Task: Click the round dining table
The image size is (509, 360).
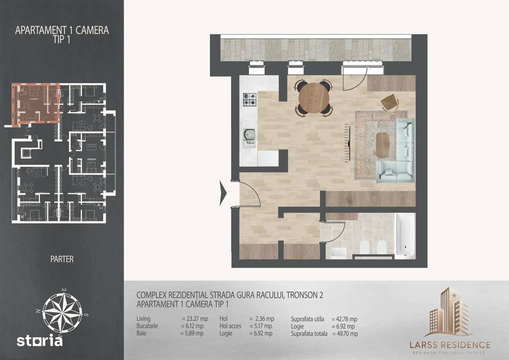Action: (314, 98)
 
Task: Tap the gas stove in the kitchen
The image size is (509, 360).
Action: (250, 99)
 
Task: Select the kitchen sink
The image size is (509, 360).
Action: (249, 136)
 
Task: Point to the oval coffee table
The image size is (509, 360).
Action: (383, 145)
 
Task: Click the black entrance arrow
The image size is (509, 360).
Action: (223, 193)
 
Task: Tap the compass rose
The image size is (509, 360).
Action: (62, 313)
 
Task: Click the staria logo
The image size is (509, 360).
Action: (39, 340)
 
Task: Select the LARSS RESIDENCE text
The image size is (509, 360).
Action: (450, 345)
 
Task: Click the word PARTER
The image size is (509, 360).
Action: (62, 259)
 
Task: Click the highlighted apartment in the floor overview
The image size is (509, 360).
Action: (36, 103)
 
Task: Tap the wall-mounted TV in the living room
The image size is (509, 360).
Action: (350, 142)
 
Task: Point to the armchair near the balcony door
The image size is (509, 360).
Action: (390, 103)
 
